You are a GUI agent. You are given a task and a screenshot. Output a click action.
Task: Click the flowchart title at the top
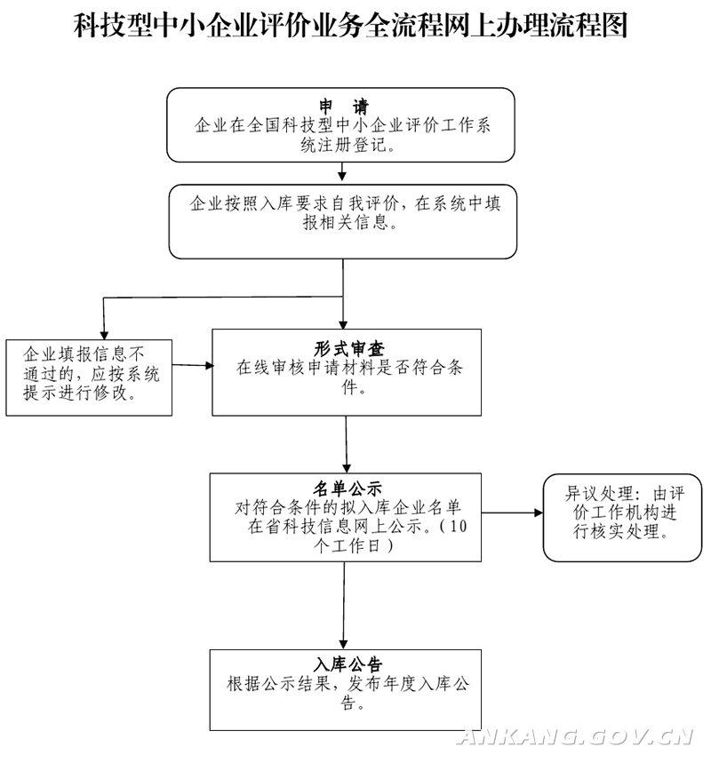point(351,25)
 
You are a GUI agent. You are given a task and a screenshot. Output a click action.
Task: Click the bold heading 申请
point(344,106)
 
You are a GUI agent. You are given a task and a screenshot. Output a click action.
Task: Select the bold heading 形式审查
point(349,348)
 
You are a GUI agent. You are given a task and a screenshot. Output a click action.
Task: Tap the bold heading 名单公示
point(348,489)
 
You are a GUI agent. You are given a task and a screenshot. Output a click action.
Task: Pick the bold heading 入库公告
point(348,664)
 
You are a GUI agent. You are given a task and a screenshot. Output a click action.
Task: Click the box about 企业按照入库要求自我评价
point(343,221)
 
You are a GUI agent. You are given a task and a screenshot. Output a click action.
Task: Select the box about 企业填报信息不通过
point(89,378)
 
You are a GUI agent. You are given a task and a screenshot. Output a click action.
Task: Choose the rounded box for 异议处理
point(622,518)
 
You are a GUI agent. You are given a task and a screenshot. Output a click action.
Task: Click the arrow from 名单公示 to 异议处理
point(512,513)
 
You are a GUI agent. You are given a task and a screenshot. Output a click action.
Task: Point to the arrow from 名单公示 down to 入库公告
point(344,606)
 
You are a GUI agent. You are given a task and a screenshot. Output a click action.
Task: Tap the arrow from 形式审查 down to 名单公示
point(347,444)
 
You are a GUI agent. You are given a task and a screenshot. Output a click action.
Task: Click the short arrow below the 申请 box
point(342,171)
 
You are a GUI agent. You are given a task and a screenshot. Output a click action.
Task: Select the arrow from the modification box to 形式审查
point(193,365)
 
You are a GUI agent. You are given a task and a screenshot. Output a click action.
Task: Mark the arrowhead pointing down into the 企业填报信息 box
point(104,335)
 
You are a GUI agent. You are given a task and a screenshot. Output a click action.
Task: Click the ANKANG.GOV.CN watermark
point(576,737)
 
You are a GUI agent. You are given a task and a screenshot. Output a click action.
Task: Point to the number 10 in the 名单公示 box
point(458,526)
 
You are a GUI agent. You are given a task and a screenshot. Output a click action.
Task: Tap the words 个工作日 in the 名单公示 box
point(347,545)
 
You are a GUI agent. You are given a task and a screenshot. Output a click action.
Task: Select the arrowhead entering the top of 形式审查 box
point(343,324)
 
